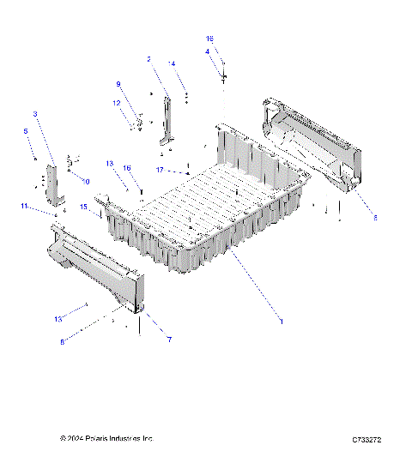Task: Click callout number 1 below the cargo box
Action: (281, 321)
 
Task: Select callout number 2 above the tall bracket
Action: (148, 59)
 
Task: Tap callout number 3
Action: (35, 114)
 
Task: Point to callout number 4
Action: (207, 51)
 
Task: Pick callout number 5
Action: (26, 130)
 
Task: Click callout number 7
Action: (169, 340)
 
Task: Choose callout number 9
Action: (119, 84)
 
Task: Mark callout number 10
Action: (85, 181)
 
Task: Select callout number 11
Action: (25, 207)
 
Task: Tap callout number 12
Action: (117, 104)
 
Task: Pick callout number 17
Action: (160, 170)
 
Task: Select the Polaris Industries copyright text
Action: (106, 439)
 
